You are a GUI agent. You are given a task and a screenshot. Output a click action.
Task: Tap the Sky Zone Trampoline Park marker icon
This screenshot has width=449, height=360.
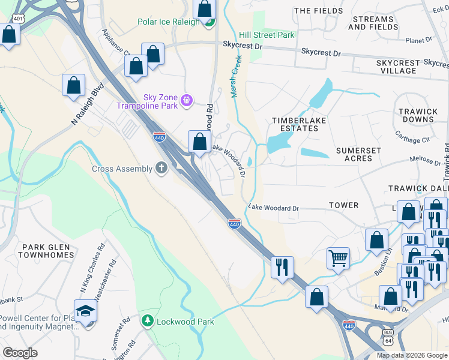pyautogui.click(x=187, y=99)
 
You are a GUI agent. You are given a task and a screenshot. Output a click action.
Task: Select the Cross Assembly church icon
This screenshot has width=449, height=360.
pyautogui.click(x=161, y=168)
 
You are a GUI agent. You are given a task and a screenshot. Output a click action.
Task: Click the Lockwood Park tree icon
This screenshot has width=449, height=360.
pyautogui.click(x=147, y=321)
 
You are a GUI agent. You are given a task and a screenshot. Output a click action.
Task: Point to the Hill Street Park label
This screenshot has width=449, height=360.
pyautogui.click(x=267, y=35)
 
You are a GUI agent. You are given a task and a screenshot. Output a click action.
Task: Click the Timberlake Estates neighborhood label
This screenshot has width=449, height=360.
pyautogui.click(x=295, y=124)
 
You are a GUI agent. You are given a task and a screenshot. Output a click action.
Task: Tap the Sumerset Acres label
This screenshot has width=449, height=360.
pyautogui.click(x=358, y=154)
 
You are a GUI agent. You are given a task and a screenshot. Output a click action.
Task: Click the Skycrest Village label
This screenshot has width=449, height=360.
pyautogui.click(x=397, y=67)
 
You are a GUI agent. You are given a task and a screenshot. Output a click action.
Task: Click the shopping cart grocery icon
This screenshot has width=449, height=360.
pyautogui.click(x=339, y=259)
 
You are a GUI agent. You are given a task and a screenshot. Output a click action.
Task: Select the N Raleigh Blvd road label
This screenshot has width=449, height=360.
pyautogui.click(x=87, y=103)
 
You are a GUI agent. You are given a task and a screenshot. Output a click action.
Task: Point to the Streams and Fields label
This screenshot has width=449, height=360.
pyautogui.click(x=372, y=23)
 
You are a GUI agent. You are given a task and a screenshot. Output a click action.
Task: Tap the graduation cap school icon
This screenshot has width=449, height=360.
pyautogui.click(x=85, y=311)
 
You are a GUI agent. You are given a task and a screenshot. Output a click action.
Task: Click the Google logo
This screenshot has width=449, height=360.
pyautogui.click(x=20, y=353)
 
